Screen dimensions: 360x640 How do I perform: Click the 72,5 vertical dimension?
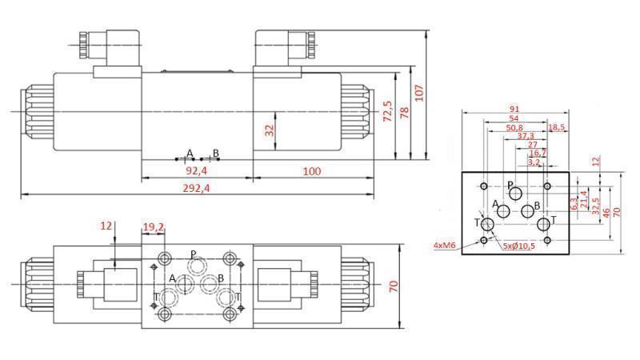pos(388,111)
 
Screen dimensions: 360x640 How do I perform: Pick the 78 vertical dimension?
pos(403,114)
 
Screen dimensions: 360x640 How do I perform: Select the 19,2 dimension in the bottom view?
pos(153,228)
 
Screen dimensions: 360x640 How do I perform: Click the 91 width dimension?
pos(514,110)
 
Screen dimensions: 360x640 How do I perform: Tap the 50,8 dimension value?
pos(514,127)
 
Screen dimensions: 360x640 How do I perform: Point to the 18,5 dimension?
pos(557,127)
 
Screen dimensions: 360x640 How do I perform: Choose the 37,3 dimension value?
pos(525,136)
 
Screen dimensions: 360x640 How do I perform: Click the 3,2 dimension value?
pos(534,162)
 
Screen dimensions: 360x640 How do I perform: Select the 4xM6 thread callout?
pos(445,244)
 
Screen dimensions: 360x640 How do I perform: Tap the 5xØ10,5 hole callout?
pos(518,244)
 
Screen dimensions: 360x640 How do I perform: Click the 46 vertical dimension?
pos(606,212)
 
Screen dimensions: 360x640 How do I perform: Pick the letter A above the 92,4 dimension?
pos(190,153)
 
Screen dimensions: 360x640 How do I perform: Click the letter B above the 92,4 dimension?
pos(215,153)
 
